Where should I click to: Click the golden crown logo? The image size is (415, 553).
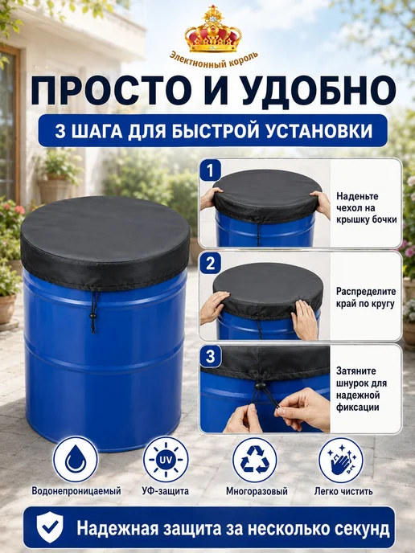pos(213,29)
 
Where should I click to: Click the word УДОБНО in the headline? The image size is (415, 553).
pos(320,91)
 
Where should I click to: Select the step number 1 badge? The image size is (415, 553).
pos(210,170)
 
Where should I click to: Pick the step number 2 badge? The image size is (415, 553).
pos(211,264)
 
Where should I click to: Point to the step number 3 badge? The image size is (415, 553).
pos(211,356)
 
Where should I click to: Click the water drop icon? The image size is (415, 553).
pos(75,459)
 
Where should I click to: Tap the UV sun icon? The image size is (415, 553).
pos(166,459)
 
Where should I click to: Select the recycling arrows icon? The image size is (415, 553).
pos(255,459)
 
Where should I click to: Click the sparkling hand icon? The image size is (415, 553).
pos(341,460)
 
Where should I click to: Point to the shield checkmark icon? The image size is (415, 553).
pos(50,527)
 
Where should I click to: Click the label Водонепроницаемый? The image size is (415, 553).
pos(76,491)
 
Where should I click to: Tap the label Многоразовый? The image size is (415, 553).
pos(257,491)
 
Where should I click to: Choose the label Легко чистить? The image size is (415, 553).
pos(343,491)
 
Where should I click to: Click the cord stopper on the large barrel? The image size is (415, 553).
pos(93,315)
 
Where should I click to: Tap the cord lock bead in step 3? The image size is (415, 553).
pos(259,386)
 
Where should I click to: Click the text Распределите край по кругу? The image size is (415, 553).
pos(366,297)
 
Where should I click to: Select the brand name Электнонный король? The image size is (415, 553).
pos(214,59)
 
